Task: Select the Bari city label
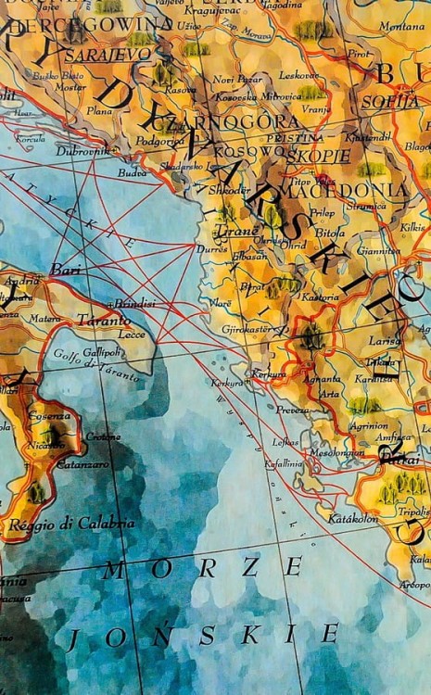click(66, 269)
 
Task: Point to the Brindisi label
click(133, 304)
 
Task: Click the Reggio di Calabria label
click(71, 524)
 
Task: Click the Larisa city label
click(383, 340)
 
